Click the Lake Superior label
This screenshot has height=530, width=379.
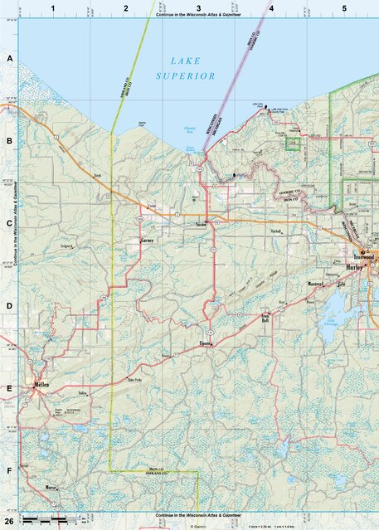tap(186, 68)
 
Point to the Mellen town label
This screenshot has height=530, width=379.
tap(41, 387)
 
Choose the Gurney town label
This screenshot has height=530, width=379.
tap(148, 241)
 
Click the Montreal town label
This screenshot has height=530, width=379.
tap(315, 284)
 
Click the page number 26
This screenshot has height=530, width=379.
tap(8, 519)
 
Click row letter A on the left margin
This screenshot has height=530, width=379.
tap(10, 60)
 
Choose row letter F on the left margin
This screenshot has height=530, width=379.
tap(10, 470)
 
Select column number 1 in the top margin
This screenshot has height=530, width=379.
tap(53, 7)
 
